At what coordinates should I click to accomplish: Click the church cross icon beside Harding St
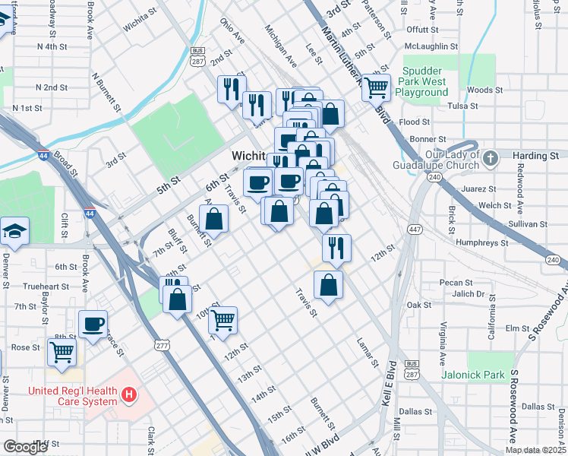(491, 158)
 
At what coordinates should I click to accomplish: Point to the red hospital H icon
(130, 394)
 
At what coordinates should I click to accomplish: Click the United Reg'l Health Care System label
(74, 397)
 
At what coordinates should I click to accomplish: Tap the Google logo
(25, 447)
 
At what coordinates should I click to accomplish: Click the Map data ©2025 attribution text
(535, 450)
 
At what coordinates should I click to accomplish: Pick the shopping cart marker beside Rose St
(62, 351)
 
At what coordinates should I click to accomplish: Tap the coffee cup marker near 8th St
(93, 324)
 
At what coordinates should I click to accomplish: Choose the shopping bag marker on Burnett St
(216, 219)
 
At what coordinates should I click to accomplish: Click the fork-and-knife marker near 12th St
(336, 247)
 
